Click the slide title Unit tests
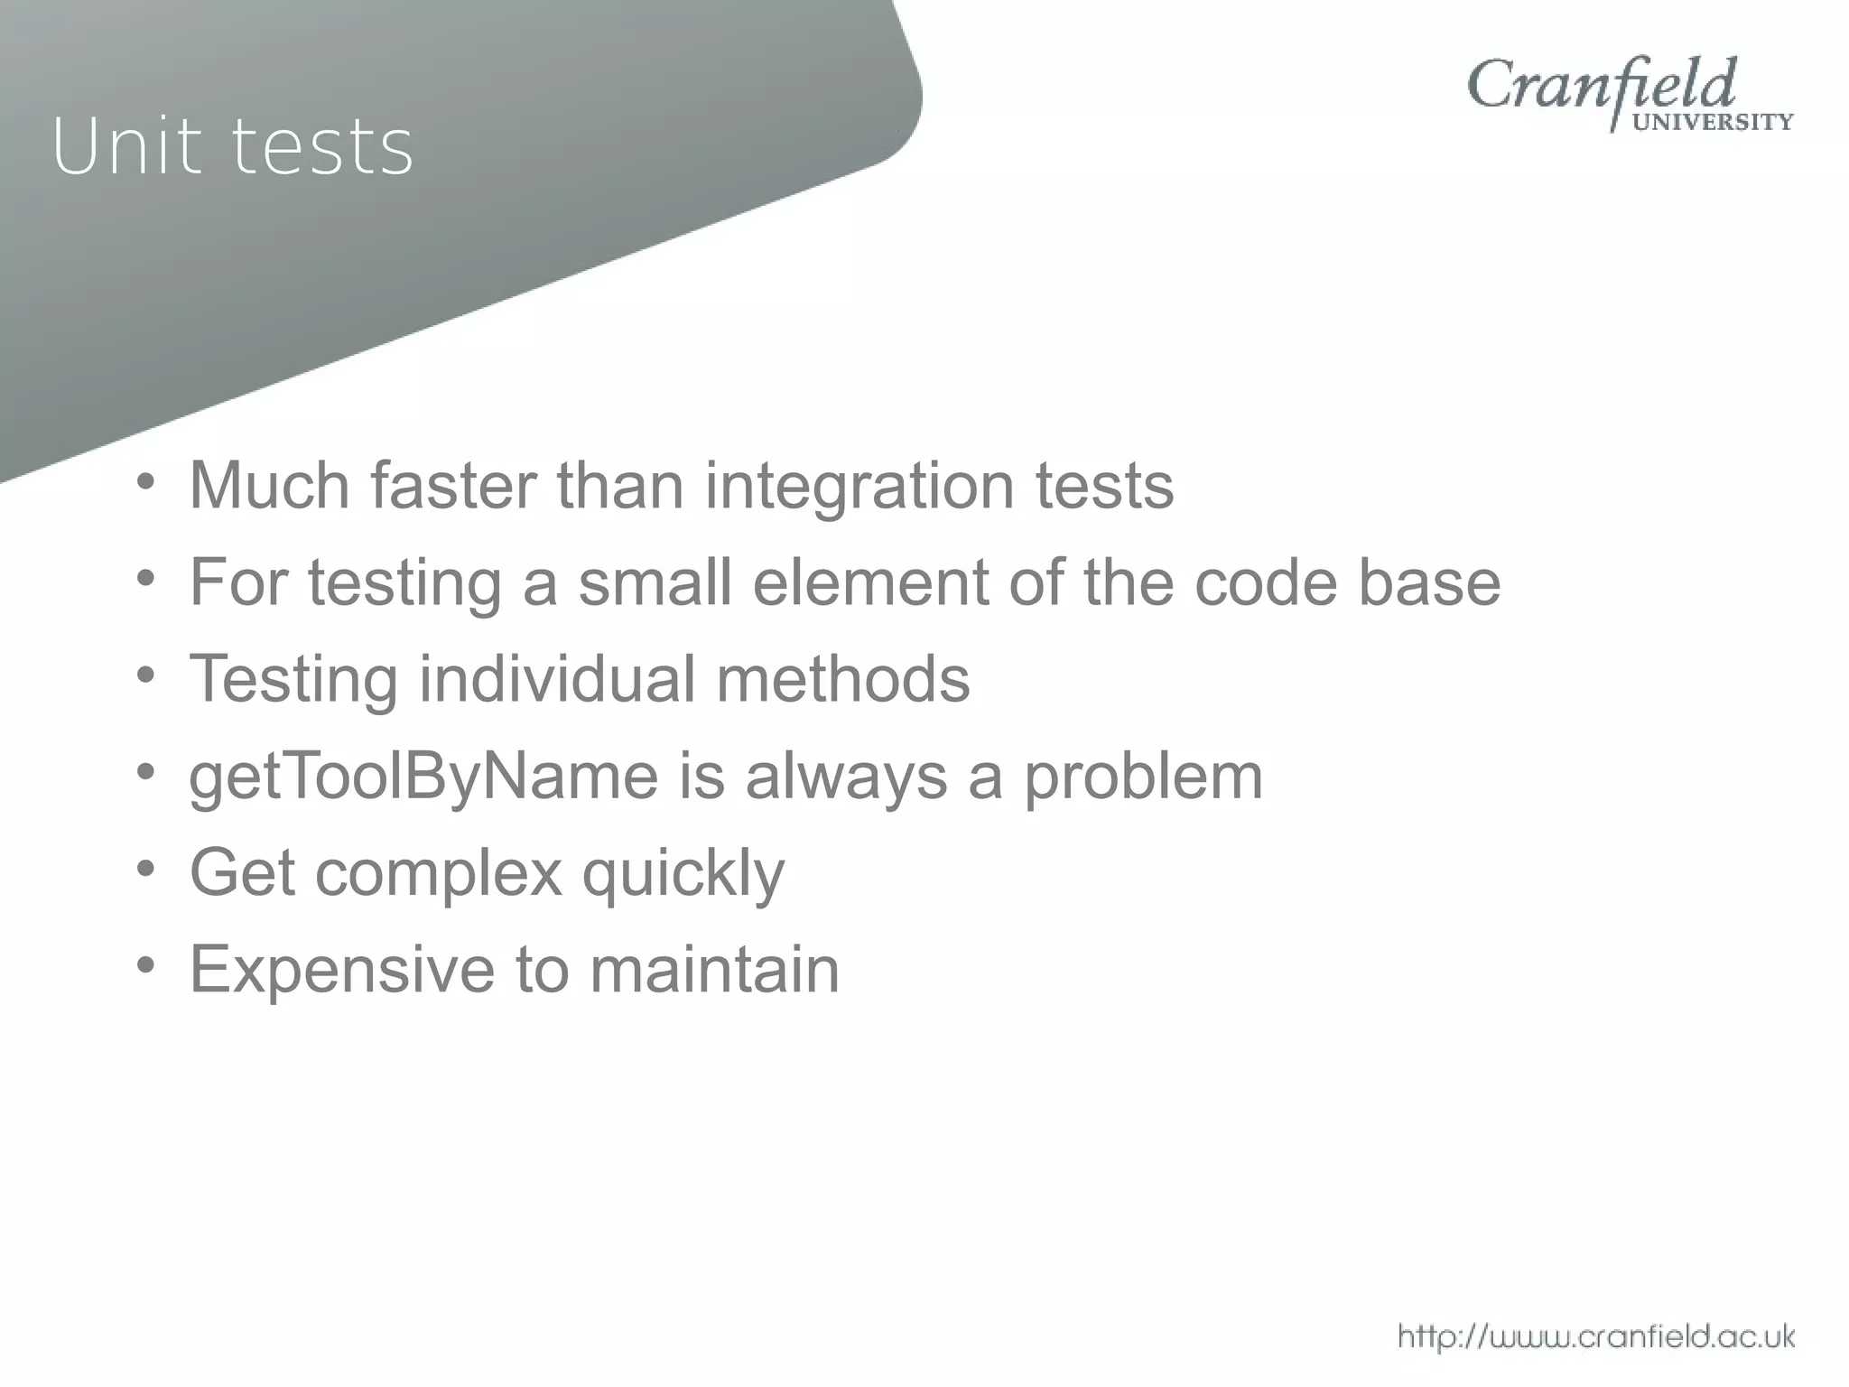point(233,146)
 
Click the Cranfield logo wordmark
point(1601,86)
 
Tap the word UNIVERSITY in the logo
point(1714,122)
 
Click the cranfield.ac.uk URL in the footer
point(1595,1336)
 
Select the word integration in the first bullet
point(859,486)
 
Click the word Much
point(269,486)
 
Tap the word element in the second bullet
point(870,582)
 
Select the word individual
point(557,679)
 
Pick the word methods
point(843,679)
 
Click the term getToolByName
point(423,777)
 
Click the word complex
point(439,874)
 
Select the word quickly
point(683,874)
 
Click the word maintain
point(714,970)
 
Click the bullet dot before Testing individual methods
point(146,675)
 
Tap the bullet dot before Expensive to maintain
point(146,965)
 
